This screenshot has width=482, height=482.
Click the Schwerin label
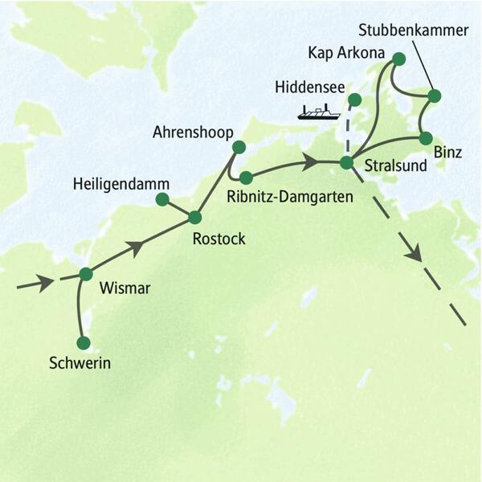tap(79, 364)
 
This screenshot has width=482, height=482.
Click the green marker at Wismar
tap(86, 274)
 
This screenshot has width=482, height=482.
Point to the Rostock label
tap(219, 238)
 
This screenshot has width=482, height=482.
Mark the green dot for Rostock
tap(194, 217)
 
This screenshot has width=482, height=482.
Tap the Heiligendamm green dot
tap(162, 198)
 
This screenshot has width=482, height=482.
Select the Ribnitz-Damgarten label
tap(290, 194)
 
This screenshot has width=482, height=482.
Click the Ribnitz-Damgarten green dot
tap(246, 177)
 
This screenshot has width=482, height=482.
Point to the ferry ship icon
tap(317, 112)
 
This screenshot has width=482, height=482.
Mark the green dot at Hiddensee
tap(353, 100)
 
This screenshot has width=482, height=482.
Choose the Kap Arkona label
tap(341, 55)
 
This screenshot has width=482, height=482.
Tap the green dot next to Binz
tap(426, 137)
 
